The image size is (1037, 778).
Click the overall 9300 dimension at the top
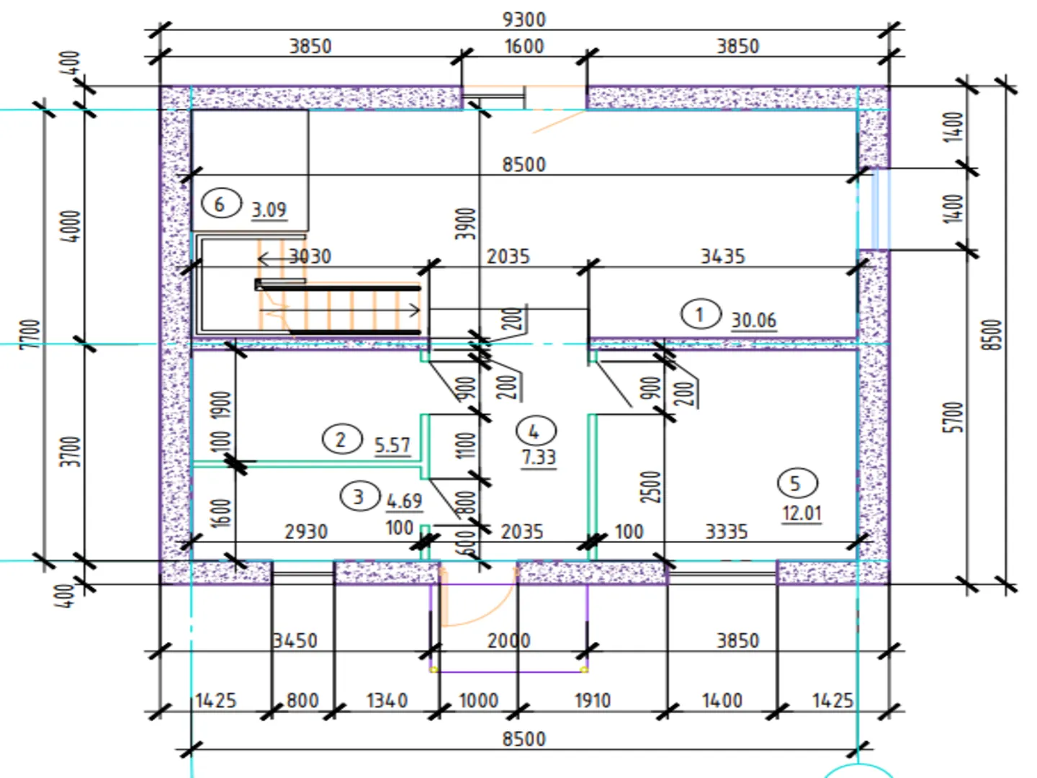pyautogui.click(x=524, y=19)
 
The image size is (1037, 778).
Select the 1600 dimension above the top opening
pyautogui.click(x=524, y=46)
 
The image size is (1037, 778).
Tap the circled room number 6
pyautogui.click(x=220, y=204)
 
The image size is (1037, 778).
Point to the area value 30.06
pyautogui.click(x=753, y=320)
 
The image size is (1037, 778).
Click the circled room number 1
pyautogui.click(x=699, y=314)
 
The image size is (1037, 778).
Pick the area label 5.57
pyautogui.click(x=392, y=445)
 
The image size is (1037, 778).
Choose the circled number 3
pyautogui.click(x=358, y=496)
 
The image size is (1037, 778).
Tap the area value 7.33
pyautogui.click(x=539, y=457)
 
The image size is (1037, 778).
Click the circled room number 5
pyautogui.click(x=796, y=483)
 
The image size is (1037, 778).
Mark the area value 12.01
pyautogui.click(x=802, y=513)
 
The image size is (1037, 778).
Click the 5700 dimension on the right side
pyautogui.click(x=952, y=417)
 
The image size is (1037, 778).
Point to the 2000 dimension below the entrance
pyautogui.click(x=508, y=640)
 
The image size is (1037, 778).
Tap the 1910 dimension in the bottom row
pyautogui.click(x=592, y=700)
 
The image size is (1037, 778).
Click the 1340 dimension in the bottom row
pyautogui.click(x=387, y=700)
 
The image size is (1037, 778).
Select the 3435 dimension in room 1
pyautogui.click(x=722, y=256)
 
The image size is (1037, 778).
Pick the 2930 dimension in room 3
pyautogui.click(x=306, y=532)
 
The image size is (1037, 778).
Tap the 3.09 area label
pyautogui.click(x=269, y=210)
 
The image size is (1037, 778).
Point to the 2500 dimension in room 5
pyautogui.click(x=650, y=487)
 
